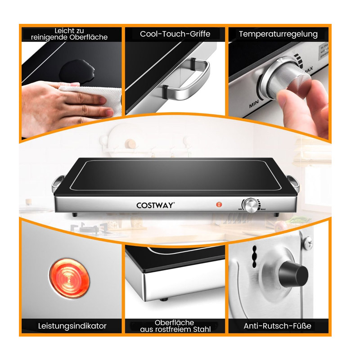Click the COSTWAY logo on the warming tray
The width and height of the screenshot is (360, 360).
point(155,205)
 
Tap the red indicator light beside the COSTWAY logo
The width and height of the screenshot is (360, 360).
point(219,204)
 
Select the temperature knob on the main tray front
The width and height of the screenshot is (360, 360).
point(251,206)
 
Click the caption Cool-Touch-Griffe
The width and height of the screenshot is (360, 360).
point(175,34)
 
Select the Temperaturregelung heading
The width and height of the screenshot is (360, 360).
point(278,34)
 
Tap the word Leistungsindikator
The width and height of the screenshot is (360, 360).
point(72,326)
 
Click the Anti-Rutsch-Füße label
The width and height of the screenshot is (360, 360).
point(277,326)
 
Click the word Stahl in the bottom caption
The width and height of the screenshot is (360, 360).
point(202,329)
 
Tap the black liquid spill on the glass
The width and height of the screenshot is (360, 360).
point(76,70)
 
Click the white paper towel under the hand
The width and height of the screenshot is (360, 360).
point(92,99)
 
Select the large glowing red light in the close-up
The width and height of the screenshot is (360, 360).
point(69,278)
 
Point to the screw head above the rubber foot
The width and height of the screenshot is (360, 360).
point(308,243)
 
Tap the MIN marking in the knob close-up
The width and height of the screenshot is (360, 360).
point(254,104)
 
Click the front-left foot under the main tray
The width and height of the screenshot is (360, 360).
point(75,215)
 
